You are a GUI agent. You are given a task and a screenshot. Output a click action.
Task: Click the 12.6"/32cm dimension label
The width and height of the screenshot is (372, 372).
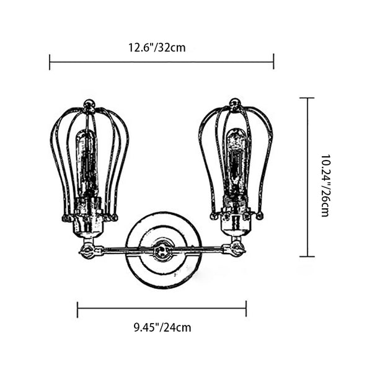157,48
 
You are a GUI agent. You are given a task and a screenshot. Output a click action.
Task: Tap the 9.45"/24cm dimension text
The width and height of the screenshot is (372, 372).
162,327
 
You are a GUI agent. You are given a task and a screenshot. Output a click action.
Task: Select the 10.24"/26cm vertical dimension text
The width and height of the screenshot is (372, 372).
325,186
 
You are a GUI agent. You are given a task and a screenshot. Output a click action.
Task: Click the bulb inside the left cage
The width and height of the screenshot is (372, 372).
87,164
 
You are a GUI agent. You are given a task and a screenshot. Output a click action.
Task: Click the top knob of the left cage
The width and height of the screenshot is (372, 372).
89,105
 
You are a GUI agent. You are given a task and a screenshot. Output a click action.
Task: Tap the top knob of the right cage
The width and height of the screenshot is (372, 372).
235,104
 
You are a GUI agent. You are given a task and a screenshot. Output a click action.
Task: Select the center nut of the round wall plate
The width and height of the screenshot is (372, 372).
162,250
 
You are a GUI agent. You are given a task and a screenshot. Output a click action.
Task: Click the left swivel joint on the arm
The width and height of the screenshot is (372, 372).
88,250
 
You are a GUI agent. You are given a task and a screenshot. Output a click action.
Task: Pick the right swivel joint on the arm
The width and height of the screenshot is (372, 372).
237,249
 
